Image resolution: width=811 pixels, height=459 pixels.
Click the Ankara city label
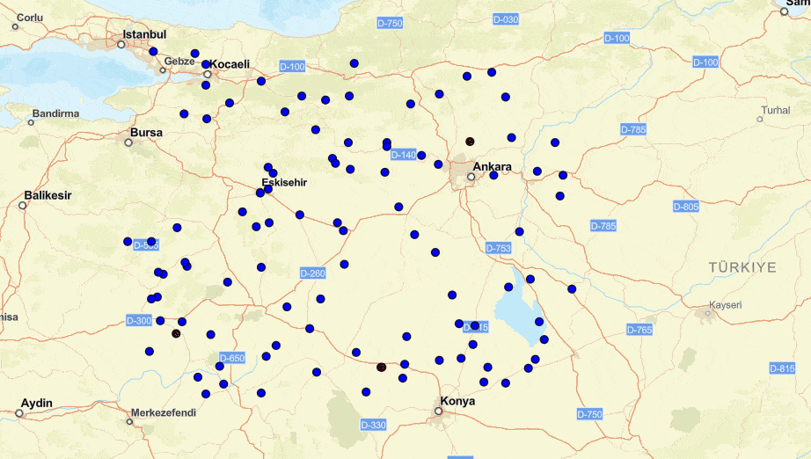(x=492, y=166)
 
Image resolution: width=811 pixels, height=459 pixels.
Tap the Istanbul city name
(x=144, y=34)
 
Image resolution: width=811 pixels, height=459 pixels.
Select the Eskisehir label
(x=284, y=183)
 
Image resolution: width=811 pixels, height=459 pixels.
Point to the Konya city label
(x=457, y=401)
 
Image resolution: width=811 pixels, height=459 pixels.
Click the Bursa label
(x=146, y=133)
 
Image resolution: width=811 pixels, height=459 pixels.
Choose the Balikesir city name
(x=47, y=194)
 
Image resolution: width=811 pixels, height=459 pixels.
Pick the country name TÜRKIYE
(x=743, y=266)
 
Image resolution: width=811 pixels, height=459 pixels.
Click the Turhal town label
(x=776, y=110)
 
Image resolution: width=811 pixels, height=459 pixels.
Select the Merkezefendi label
(x=165, y=412)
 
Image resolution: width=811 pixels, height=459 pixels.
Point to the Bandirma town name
(x=55, y=113)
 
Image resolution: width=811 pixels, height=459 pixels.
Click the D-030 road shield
(x=506, y=18)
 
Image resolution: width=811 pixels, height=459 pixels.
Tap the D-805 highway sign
(x=686, y=207)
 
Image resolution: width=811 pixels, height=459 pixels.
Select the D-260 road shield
(x=312, y=273)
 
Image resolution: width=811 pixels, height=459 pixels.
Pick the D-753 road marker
(x=498, y=249)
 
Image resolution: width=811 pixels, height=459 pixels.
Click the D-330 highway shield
(x=373, y=426)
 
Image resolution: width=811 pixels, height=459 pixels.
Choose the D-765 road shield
(x=639, y=330)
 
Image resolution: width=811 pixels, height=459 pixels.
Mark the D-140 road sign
(x=403, y=155)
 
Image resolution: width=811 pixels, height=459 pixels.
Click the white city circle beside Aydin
(x=19, y=412)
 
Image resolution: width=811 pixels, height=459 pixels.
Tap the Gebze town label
(x=179, y=61)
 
